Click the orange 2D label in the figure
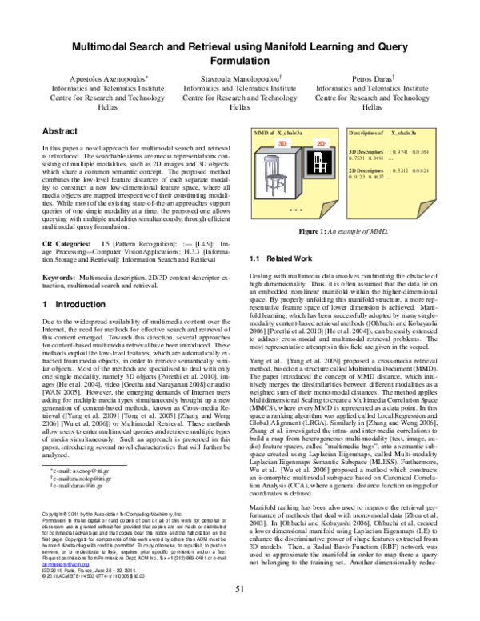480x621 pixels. (320, 143)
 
